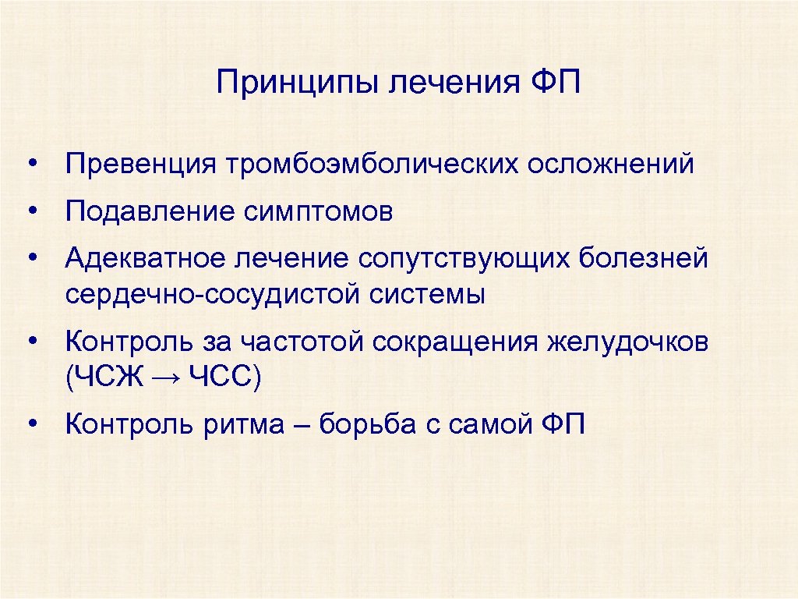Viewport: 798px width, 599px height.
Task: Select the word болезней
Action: click(644, 258)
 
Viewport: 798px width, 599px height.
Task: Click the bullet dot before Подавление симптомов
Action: click(33, 211)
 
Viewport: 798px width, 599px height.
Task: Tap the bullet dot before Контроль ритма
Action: click(33, 425)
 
